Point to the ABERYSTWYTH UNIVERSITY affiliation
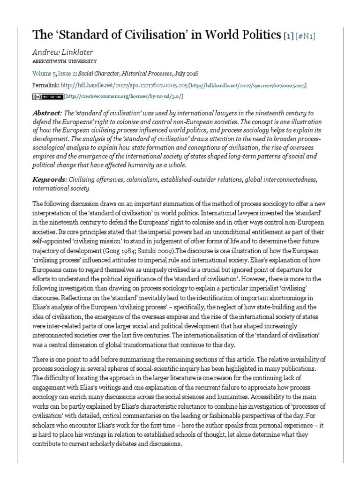point(65,61)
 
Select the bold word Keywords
point(49,180)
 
